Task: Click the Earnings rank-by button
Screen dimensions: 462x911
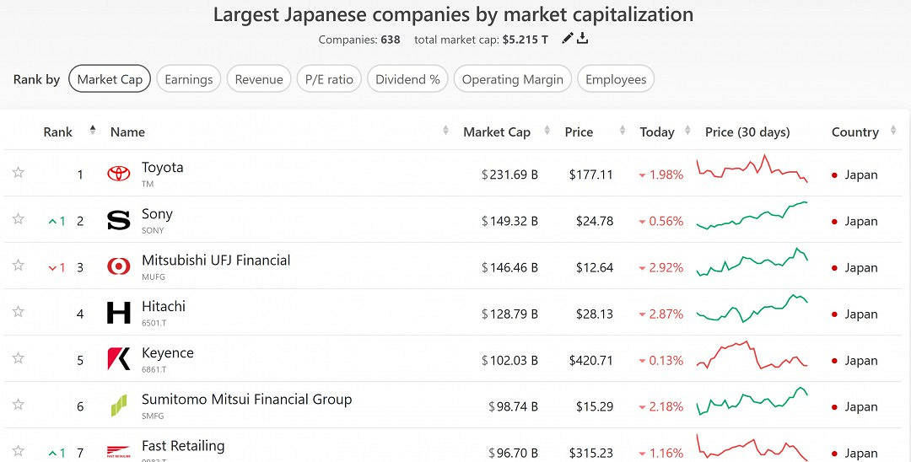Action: point(188,79)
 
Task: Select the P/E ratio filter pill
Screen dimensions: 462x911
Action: point(329,79)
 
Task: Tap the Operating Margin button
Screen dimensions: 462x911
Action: point(512,79)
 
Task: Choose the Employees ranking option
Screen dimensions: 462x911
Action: point(616,79)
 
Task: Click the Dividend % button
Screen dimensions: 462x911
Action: point(407,79)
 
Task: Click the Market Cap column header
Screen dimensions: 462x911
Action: point(496,132)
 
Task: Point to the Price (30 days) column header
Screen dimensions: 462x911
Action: point(747,132)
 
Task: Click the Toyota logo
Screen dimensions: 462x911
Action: point(119,174)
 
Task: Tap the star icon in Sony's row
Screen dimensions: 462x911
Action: point(18,219)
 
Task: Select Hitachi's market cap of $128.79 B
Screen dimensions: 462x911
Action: point(509,314)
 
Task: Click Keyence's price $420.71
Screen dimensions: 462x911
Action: point(590,360)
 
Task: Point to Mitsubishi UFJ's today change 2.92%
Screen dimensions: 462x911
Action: point(661,267)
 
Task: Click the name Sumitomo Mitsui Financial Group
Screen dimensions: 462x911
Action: point(246,400)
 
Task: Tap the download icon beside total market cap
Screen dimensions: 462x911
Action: point(582,38)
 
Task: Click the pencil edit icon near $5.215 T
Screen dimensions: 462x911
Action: point(567,38)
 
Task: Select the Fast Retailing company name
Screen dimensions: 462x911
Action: point(183,446)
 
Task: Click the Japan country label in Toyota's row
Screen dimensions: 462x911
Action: point(860,175)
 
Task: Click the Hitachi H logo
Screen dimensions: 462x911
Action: point(119,313)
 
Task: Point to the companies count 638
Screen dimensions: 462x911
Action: point(390,40)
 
